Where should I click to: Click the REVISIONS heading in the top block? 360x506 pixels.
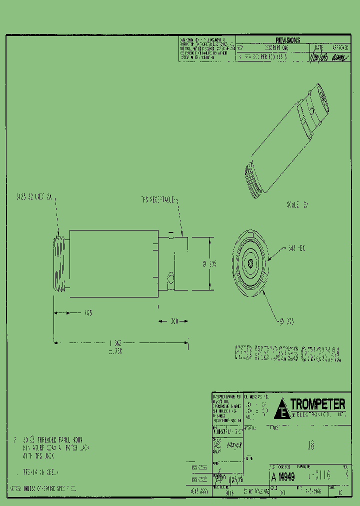287,40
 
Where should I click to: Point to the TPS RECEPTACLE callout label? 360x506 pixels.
158,199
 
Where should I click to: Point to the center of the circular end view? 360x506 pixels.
249,261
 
